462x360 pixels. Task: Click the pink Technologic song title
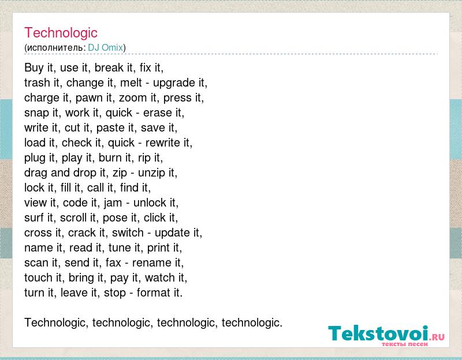coord(61,33)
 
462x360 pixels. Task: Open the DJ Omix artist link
coord(105,47)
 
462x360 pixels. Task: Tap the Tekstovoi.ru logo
coord(386,335)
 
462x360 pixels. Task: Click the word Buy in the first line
coord(34,68)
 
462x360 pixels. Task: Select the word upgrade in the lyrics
coord(174,83)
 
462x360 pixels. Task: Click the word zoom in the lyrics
coord(133,97)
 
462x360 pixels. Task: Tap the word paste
coord(110,128)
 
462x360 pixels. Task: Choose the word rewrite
coord(163,142)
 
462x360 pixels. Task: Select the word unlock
coord(150,203)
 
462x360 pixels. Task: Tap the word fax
coord(113,262)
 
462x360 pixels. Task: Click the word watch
coord(160,277)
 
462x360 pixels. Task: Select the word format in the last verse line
coord(154,293)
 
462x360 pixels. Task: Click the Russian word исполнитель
coord(55,48)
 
